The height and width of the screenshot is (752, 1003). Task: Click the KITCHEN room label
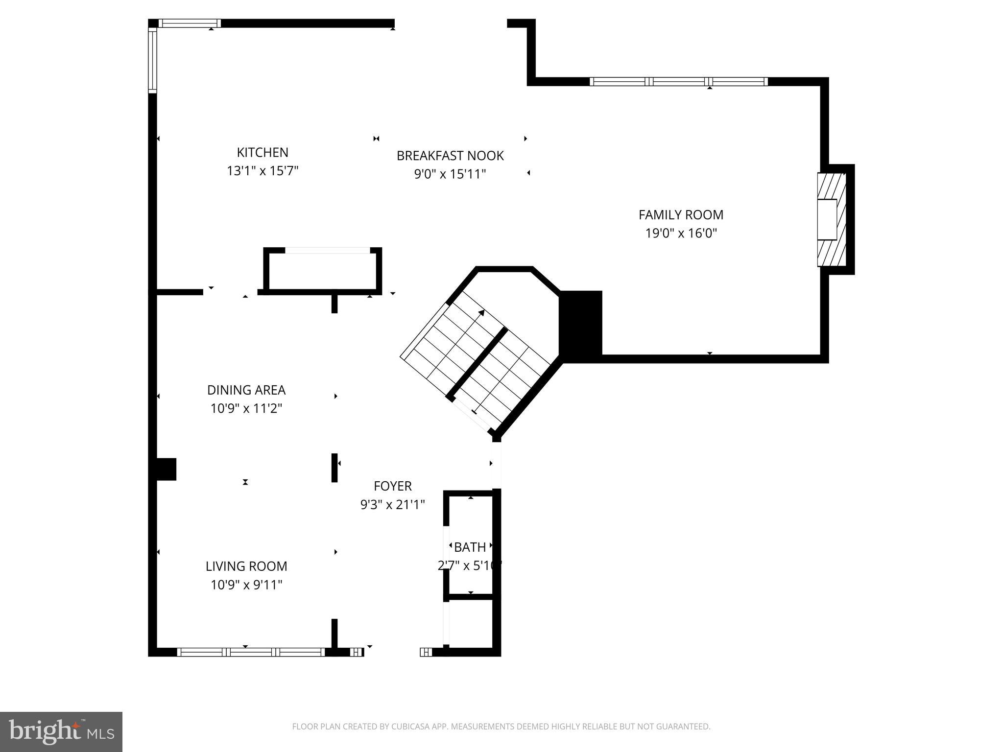click(x=263, y=152)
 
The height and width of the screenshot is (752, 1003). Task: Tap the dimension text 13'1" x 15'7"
click(x=263, y=171)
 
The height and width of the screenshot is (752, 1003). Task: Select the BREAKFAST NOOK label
click(x=450, y=156)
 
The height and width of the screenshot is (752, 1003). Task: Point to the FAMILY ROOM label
click(x=681, y=215)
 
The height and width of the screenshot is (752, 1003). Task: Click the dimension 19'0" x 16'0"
click(x=681, y=234)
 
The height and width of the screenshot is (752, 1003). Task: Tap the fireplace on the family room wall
click(x=831, y=219)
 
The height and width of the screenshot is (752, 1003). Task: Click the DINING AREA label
click(x=246, y=390)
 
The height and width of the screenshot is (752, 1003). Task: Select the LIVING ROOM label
click(x=246, y=566)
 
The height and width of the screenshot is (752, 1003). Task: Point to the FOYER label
click(x=392, y=486)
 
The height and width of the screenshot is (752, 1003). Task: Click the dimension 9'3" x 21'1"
click(x=392, y=504)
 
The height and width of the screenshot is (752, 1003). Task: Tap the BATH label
click(x=470, y=547)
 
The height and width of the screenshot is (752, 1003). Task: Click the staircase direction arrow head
click(x=482, y=312)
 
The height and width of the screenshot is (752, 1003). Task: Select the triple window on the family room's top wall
click(x=678, y=82)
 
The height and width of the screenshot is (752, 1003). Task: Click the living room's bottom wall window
click(x=251, y=652)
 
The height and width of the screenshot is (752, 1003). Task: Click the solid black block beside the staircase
click(x=581, y=326)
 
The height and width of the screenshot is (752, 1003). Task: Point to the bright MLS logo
click(x=61, y=731)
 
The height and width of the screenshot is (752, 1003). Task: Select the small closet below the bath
click(x=470, y=623)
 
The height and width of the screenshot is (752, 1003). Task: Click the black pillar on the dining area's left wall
click(x=165, y=469)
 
